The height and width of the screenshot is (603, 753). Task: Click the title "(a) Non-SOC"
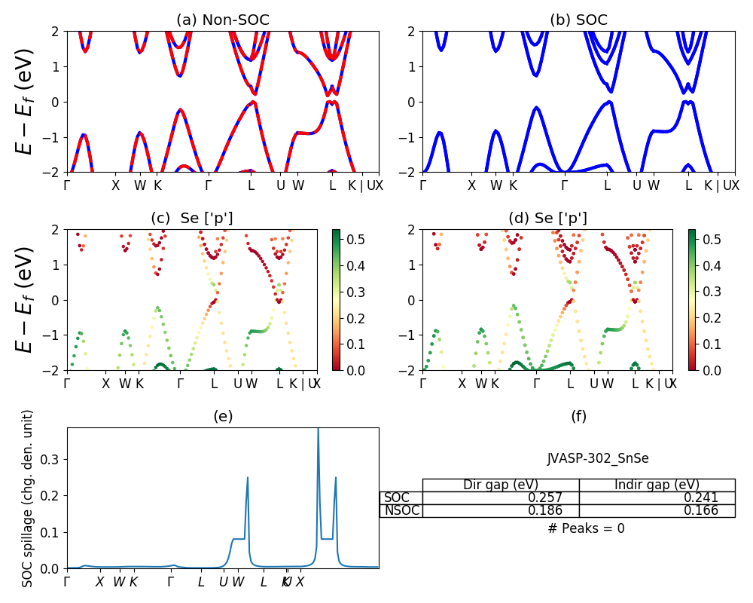point(223,20)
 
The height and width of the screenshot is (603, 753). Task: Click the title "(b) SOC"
point(578,20)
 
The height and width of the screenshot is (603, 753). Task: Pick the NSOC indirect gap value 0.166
point(700,511)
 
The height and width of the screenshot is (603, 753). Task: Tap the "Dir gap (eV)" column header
point(501,485)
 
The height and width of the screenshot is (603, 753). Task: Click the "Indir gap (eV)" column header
point(657,485)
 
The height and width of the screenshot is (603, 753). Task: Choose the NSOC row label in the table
point(401,511)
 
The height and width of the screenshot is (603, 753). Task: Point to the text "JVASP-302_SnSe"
point(598,458)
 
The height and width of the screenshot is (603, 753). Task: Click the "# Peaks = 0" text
point(587,528)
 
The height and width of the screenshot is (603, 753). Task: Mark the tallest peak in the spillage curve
point(318,430)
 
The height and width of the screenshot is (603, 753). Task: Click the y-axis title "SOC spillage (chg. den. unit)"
point(28,498)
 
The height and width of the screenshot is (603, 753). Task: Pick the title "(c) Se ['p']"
point(192,219)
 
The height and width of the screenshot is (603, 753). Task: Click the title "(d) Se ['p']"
point(547,219)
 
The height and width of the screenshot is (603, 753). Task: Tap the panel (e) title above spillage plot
point(223,416)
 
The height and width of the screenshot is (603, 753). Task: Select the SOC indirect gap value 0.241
point(700,497)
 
